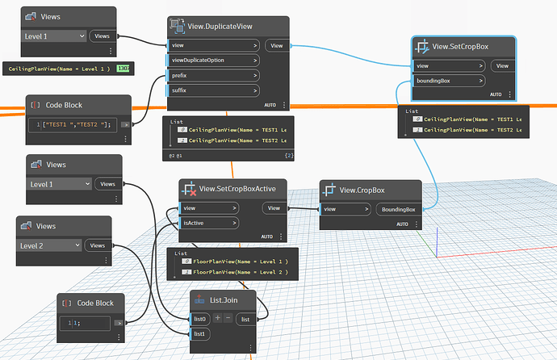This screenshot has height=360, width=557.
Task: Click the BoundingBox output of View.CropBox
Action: point(399,209)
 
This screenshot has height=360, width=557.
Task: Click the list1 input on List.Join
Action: point(201,333)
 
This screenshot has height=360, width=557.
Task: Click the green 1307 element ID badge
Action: point(124,69)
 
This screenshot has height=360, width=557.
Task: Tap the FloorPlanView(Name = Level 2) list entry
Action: point(240,272)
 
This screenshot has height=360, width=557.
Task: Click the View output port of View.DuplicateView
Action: point(276,46)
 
